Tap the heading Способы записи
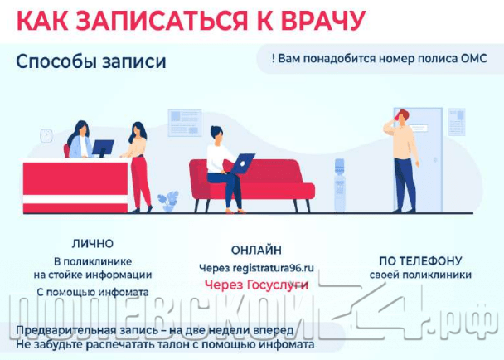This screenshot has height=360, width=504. [x=90, y=63]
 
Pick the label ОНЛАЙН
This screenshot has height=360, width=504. [x=255, y=249]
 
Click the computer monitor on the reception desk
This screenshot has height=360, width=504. [x=103, y=148]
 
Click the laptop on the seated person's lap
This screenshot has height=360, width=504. [x=242, y=163]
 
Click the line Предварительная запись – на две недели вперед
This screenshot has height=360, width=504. [x=154, y=331]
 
